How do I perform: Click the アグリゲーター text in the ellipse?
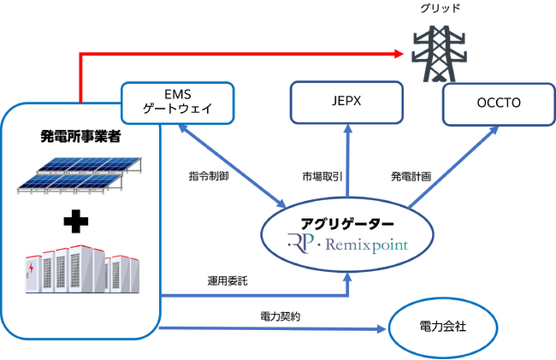point(347,226)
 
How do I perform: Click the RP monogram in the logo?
point(301,245)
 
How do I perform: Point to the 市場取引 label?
point(323,175)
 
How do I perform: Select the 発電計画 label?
point(410,175)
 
